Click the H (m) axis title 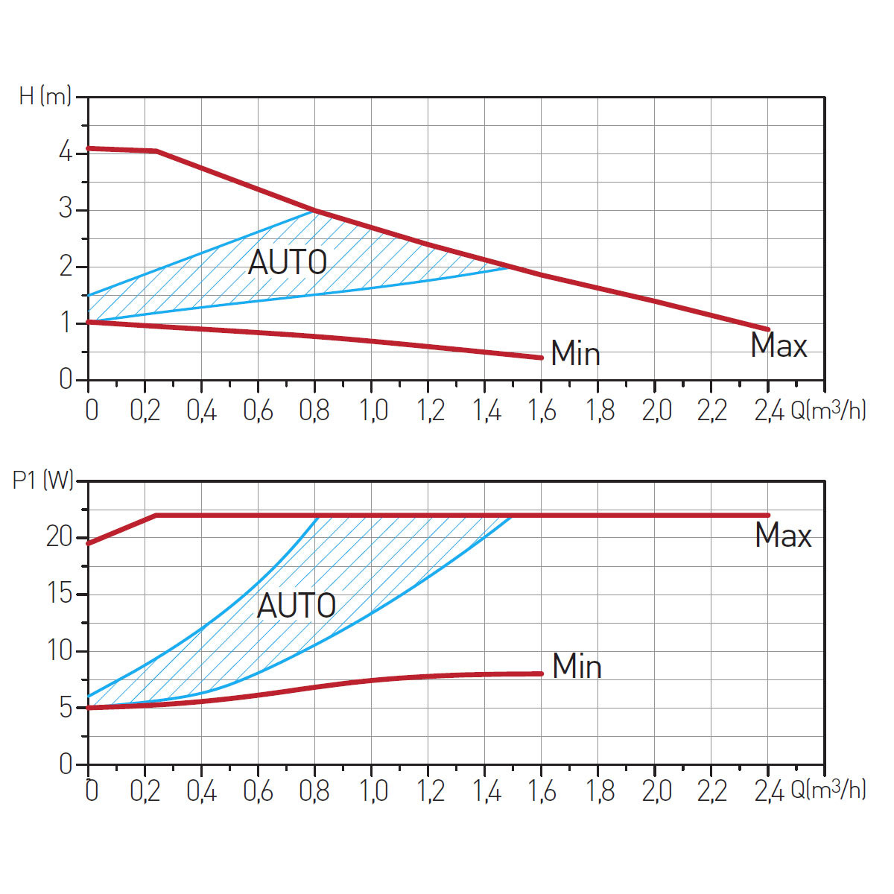click(45, 96)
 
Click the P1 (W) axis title click(43, 481)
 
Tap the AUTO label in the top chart click(288, 262)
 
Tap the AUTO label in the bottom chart click(297, 606)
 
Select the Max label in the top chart click(779, 346)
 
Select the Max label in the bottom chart click(783, 536)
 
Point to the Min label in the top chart click(576, 353)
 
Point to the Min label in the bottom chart click(577, 666)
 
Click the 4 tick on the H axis click(66, 153)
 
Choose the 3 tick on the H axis click(66, 209)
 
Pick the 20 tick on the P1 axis click(59, 537)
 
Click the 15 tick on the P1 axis click(59, 594)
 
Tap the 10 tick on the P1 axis click(59, 650)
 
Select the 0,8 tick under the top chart click(314, 410)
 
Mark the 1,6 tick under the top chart click(541, 410)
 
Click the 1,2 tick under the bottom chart click(430, 791)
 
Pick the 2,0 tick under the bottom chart click(656, 791)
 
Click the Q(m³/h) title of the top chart click(828, 410)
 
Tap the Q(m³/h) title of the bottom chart click(828, 790)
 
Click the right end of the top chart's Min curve click(541, 358)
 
